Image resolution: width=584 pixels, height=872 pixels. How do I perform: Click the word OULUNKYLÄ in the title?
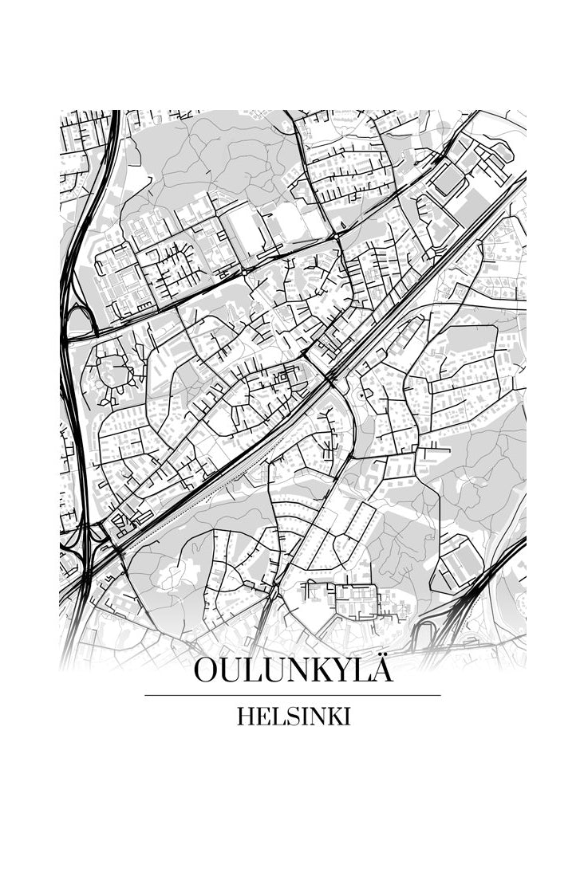(293, 671)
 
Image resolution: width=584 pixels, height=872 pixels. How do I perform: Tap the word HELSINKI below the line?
(293, 717)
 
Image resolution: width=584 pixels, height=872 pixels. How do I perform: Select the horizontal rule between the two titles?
(293, 695)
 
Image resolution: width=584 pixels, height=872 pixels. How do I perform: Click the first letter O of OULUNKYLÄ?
(206, 671)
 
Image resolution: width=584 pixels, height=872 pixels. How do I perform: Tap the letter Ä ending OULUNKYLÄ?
(382, 670)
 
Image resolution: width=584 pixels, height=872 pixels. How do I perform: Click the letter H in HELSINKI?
(244, 717)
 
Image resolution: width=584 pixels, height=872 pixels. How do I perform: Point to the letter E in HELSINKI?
(260, 717)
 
